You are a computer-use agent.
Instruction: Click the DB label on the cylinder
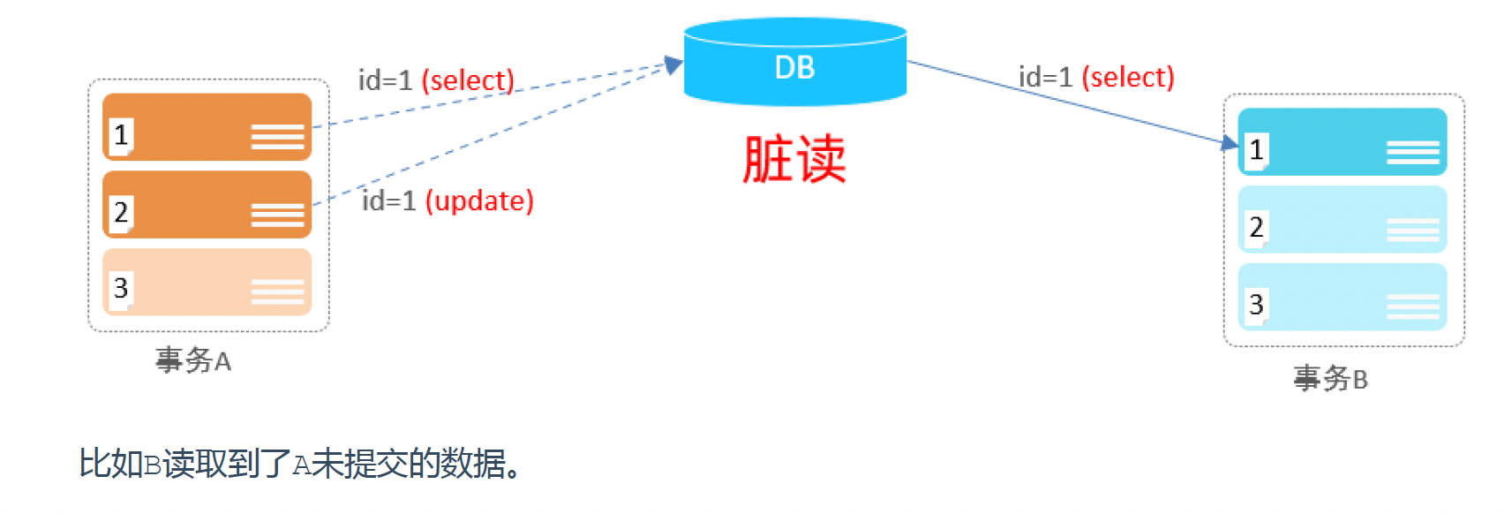click(x=794, y=68)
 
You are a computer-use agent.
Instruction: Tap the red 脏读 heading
click(x=794, y=159)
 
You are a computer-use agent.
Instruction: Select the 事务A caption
click(x=193, y=360)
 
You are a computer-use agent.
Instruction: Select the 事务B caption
click(x=1330, y=379)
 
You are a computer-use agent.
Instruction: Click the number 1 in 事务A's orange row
click(x=122, y=135)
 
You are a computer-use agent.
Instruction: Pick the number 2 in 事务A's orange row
click(x=122, y=213)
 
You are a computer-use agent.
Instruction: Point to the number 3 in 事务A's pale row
click(x=122, y=289)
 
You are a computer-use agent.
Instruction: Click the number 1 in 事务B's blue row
click(x=1256, y=150)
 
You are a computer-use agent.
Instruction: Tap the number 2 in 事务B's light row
click(x=1256, y=228)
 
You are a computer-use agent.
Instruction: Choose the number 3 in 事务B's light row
click(x=1256, y=305)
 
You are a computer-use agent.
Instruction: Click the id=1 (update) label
click(x=447, y=201)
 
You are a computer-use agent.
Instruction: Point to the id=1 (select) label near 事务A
click(x=436, y=80)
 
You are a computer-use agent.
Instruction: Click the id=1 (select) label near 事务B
click(x=1096, y=78)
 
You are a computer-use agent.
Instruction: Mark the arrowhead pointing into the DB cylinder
click(x=675, y=64)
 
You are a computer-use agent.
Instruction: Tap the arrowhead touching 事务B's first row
click(x=1230, y=142)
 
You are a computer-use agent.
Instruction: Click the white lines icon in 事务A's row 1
click(x=277, y=137)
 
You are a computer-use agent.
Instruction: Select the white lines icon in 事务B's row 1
click(x=1412, y=152)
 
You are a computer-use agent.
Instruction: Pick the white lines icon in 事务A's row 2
click(x=277, y=215)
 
